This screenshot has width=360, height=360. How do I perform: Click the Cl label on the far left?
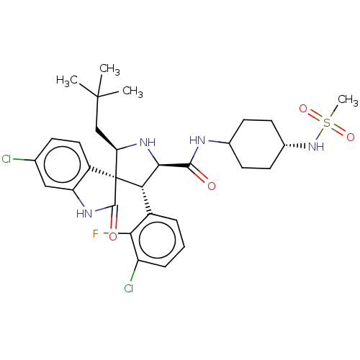(x=7, y=159)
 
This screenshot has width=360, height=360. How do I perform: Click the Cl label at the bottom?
(x=128, y=289)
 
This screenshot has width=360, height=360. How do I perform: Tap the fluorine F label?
(x=96, y=233)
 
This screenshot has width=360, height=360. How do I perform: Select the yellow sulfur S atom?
(x=327, y=123)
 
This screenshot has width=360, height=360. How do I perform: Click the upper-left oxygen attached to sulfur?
(x=303, y=109)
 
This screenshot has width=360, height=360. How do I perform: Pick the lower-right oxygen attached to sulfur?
(x=351, y=137)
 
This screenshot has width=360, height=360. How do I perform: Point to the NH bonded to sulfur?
(x=315, y=146)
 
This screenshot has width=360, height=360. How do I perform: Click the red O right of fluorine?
(x=113, y=236)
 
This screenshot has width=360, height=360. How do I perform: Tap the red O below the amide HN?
(x=211, y=186)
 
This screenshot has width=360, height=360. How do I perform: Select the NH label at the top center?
(x=148, y=143)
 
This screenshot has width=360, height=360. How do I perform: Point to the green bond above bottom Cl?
(x=132, y=276)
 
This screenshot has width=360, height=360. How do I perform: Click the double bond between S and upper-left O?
(x=315, y=116)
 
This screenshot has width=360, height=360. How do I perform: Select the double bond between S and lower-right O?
(x=339, y=130)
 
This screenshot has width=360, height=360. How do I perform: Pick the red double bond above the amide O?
(x=202, y=177)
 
